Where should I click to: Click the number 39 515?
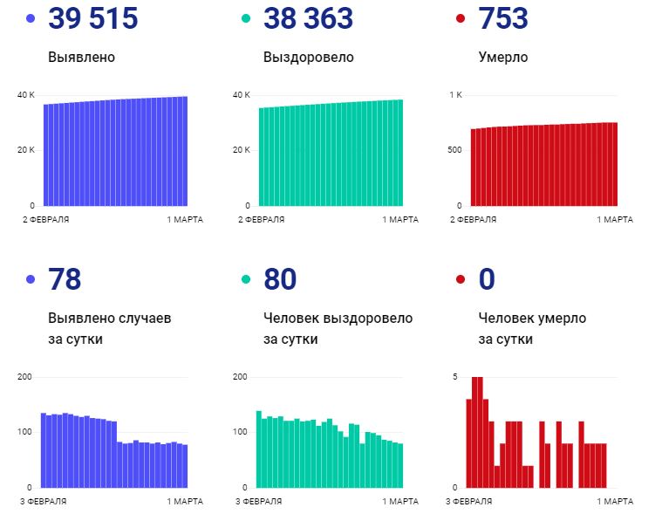pyautogui.click(x=93, y=18)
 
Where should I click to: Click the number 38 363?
pyautogui.click(x=308, y=18)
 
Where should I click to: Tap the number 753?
pyautogui.click(x=503, y=18)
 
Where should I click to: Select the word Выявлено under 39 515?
pyautogui.click(x=82, y=58)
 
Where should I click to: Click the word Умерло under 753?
pyautogui.click(x=503, y=58)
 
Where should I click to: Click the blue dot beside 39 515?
pyautogui.click(x=31, y=18)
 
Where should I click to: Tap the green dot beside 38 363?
pyautogui.click(x=246, y=18)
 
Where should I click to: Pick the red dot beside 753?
pyautogui.click(x=461, y=18)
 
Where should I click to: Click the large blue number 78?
pyautogui.click(x=65, y=279)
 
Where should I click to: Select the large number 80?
pyautogui.click(x=280, y=279)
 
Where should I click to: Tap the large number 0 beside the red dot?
pyautogui.click(x=488, y=279)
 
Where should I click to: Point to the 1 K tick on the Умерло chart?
pyautogui.click(x=454, y=94)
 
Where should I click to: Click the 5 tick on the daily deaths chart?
pyautogui.click(x=454, y=376)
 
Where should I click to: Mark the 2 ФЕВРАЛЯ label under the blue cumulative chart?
pyautogui.click(x=45, y=219)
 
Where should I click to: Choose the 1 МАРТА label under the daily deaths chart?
pyautogui.click(x=615, y=502)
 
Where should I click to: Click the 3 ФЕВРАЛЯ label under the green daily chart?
pyautogui.click(x=260, y=502)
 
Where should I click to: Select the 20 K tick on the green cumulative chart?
pyautogui.click(x=242, y=150)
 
